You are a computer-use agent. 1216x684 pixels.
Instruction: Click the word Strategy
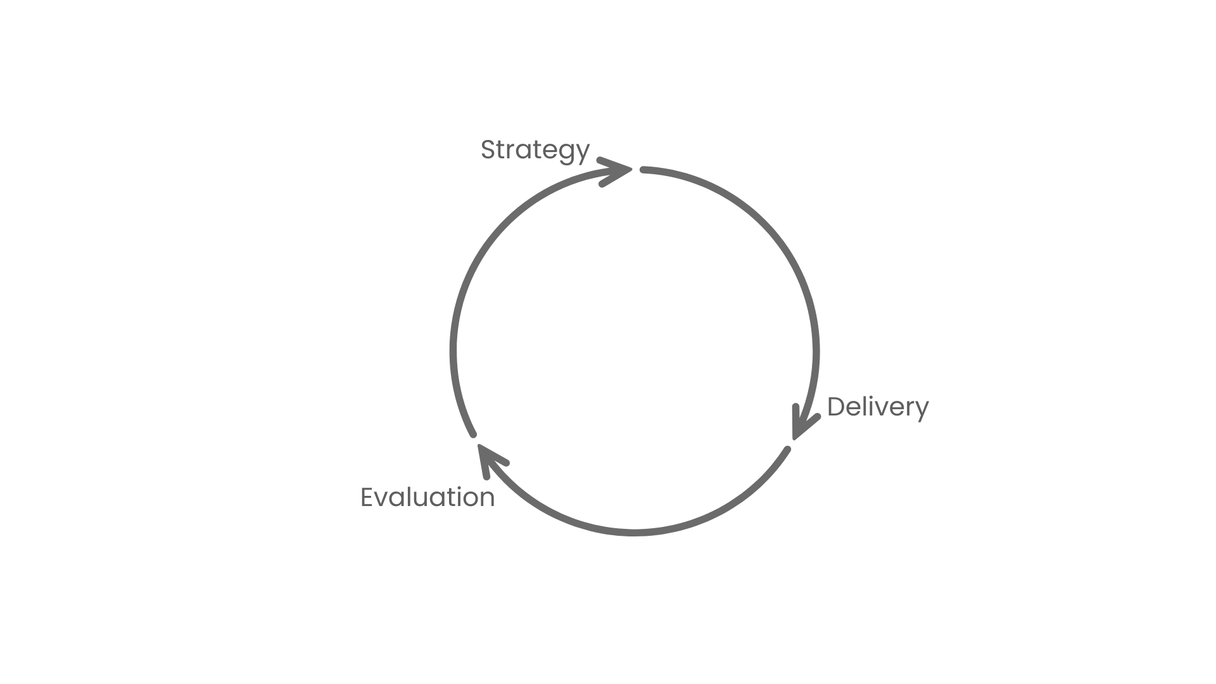535,150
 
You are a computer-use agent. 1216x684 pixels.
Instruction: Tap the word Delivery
878,407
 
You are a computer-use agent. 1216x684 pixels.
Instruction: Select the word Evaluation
427,498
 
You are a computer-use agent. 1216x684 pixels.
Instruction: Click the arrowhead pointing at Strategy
617,170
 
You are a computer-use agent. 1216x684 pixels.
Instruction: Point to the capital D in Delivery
837,407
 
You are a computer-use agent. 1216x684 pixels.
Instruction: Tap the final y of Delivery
921,410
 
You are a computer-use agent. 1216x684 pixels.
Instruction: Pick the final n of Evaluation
488,499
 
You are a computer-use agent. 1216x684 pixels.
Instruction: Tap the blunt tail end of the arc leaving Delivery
787,450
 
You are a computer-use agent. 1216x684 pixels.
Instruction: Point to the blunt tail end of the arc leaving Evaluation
473,434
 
